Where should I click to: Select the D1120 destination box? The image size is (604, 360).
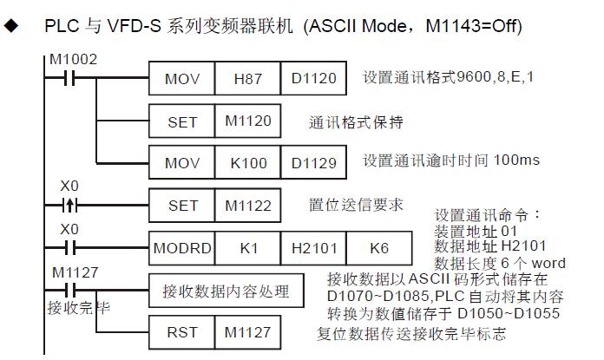tap(312, 80)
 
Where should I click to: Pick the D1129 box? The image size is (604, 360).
tap(312, 162)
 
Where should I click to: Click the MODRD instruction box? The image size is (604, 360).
tap(181, 247)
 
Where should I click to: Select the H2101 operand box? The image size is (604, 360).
tap(312, 247)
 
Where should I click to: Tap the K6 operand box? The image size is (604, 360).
tap(378, 247)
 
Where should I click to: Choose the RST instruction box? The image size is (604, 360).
tap(181, 331)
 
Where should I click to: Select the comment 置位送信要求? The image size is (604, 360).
tap(356, 206)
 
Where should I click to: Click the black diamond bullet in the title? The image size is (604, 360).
tap(11, 26)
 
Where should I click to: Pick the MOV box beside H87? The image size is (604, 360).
tap(181, 80)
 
